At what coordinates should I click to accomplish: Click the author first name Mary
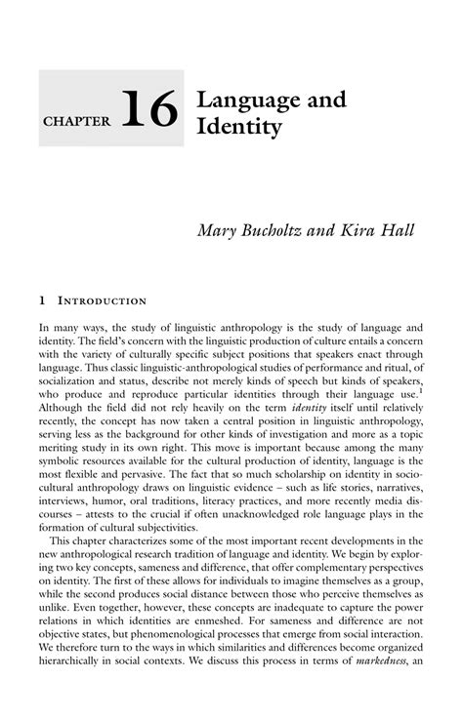(x=218, y=230)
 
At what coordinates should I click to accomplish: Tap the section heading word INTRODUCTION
(x=102, y=301)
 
